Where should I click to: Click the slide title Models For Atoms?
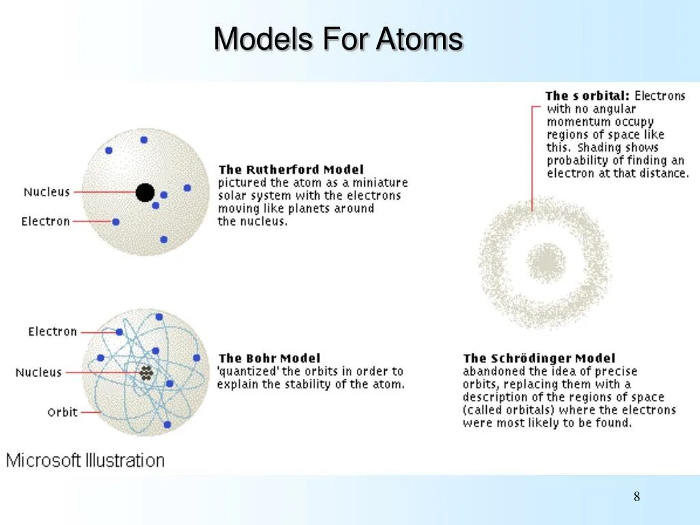click(338, 39)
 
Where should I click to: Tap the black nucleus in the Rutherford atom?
click(145, 193)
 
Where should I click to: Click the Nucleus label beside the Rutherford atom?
click(46, 192)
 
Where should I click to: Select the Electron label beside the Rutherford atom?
click(46, 221)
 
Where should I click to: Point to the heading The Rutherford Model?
click(291, 170)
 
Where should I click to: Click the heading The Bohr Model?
click(269, 358)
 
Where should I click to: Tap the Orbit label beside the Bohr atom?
click(62, 412)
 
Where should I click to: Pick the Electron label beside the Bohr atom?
click(53, 332)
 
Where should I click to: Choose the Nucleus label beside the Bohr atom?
click(39, 373)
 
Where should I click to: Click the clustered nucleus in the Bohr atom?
click(146, 373)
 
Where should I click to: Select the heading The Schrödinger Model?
click(539, 358)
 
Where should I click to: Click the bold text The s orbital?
click(587, 96)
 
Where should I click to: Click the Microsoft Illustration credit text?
click(85, 460)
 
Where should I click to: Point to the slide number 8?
click(636, 497)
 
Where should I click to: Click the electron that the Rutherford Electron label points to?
click(116, 221)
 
